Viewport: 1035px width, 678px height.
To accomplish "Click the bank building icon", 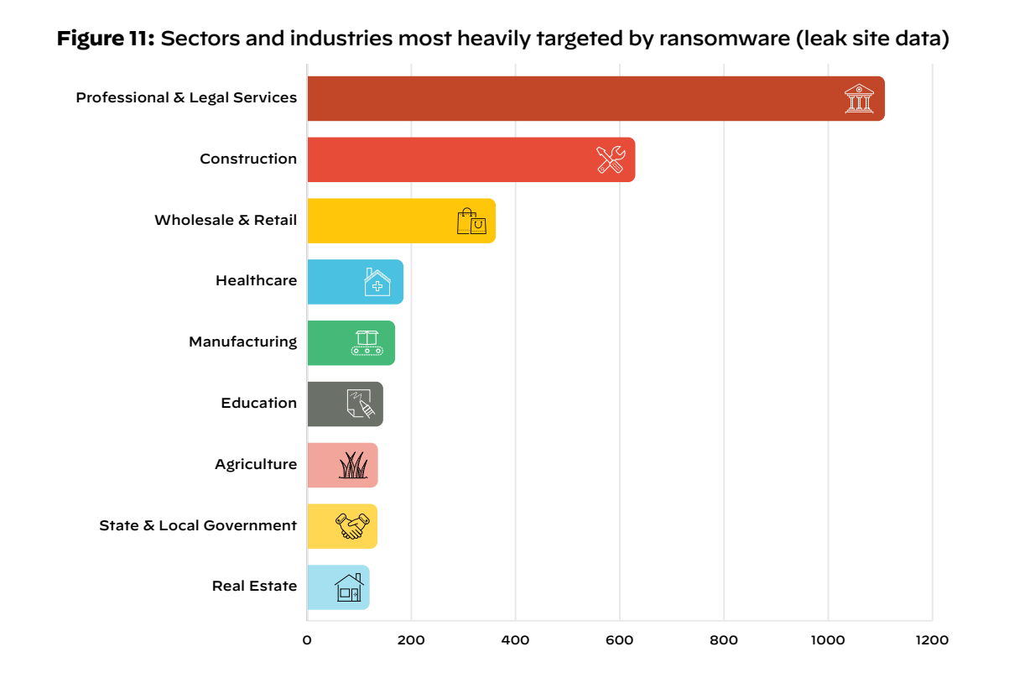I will coord(859,98).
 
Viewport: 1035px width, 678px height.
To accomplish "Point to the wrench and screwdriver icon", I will coord(611,159).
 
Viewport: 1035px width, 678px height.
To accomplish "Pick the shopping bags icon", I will coord(471,221).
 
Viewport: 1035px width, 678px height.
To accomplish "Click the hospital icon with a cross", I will coord(377,282).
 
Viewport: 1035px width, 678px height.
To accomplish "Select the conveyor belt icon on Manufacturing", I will coord(367,342).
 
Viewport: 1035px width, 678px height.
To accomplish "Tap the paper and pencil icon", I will coord(360,404).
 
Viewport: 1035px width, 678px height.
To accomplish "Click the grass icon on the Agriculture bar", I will coord(353,465).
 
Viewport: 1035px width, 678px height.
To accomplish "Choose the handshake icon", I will coord(352,526).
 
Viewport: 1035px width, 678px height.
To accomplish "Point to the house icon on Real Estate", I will coord(349,587).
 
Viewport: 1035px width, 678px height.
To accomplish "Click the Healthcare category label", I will coord(256,280).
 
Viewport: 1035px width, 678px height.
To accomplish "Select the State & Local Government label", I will coord(198,525).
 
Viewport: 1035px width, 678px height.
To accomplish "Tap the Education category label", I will coord(258,403).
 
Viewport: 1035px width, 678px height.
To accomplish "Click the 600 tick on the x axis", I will coord(620,640).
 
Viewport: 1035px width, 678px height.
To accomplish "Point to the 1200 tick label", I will coord(932,640).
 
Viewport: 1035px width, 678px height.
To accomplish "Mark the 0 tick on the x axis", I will coord(307,640).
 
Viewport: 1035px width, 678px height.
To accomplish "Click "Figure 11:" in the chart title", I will coord(106,39).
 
